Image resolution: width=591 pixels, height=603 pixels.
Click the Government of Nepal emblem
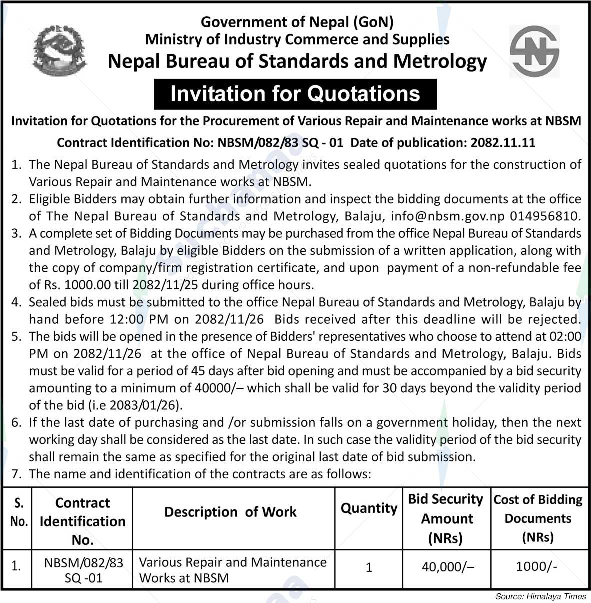pyautogui.click(x=59, y=50)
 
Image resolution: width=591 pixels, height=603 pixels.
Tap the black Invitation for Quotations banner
pyautogui.click(x=295, y=94)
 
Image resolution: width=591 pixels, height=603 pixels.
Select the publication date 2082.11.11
pyautogui.click(x=503, y=143)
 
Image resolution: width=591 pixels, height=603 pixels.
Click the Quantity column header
pyautogui.click(x=369, y=508)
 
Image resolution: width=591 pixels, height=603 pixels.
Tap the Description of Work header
pyautogui.click(x=230, y=512)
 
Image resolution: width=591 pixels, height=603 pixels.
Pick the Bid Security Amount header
pyautogui.click(x=445, y=518)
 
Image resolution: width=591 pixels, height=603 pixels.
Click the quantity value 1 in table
pyautogui.click(x=369, y=567)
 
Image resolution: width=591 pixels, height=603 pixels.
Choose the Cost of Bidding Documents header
pyautogui.click(x=538, y=518)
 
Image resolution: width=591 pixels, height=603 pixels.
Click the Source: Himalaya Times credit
pyautogui.click(x=540, y=596)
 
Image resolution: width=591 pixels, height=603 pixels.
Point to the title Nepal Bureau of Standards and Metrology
pyautogui.click(x=297, y=61)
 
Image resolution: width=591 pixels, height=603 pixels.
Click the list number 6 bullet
pyautogui.click(x=16, y=423)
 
